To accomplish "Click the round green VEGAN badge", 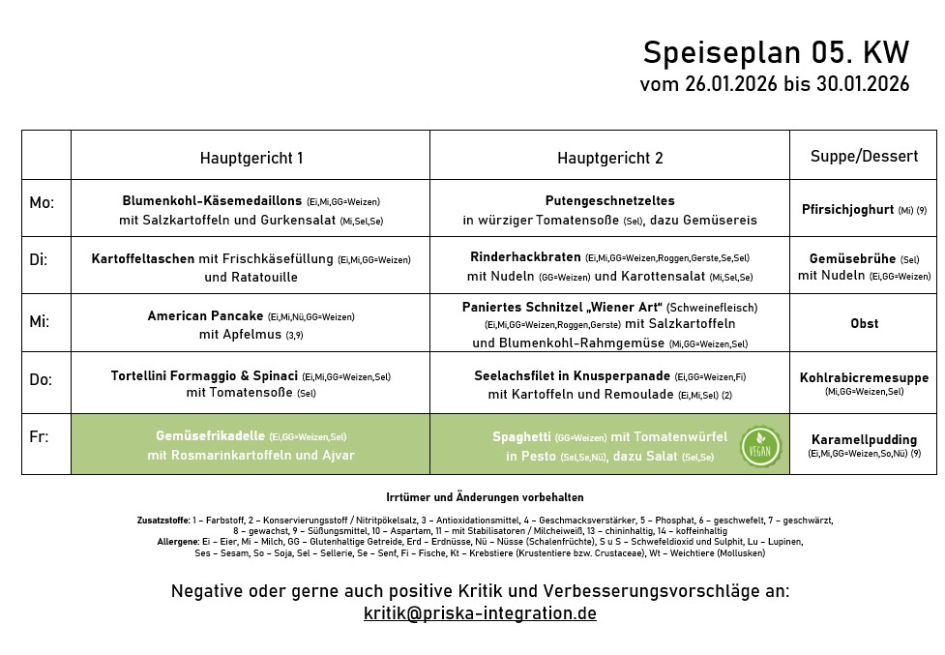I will point(761,446).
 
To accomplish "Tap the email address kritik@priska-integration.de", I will point(480,613).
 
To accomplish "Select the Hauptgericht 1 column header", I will point(251,157).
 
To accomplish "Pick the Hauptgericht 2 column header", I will point(609,157).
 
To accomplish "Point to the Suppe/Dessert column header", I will point(864,156).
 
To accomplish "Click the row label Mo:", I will point(42,203).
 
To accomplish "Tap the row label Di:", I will point(40,260).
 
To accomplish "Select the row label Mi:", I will point(40,321).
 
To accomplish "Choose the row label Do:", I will point(41,380).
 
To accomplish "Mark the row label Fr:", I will point(39,437).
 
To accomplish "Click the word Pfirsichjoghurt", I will point(847,209).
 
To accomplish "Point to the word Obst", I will point(864,323).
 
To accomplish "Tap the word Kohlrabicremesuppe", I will point(864,377).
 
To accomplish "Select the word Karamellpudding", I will point(864,439).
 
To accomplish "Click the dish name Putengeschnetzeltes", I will point(608,200).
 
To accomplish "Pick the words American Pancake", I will point(205,315).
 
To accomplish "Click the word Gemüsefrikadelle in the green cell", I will point(211,436).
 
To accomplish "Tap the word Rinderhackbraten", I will point(525,257).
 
